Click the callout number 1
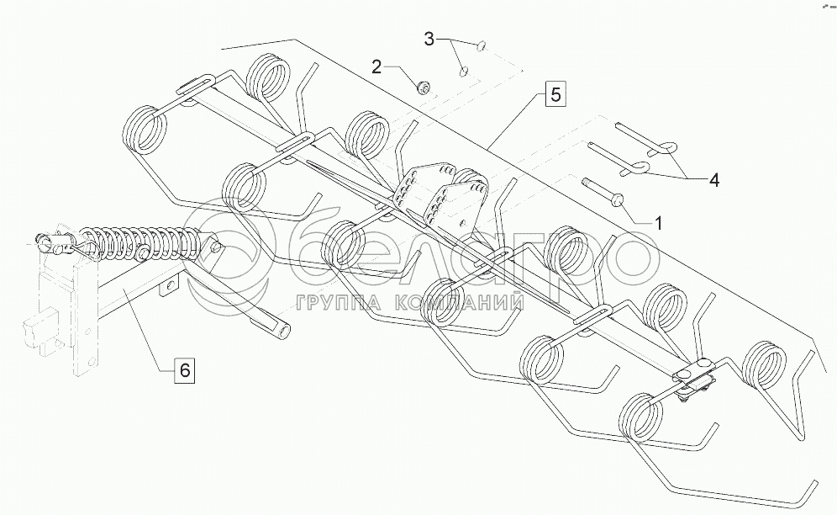click(x=658, y=223)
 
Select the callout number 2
click(x=376, y=67)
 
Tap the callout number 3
click(x=429, y=39)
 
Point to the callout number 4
click(x=713, y=180)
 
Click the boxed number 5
click(x=555, y=94)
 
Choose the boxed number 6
click(x=184, y=370)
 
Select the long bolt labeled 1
click(x=604, y=193)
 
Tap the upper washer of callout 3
click(x=481, y=46)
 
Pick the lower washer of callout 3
click(x=463, y=71)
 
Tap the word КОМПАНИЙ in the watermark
click(x=460, y=304)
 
